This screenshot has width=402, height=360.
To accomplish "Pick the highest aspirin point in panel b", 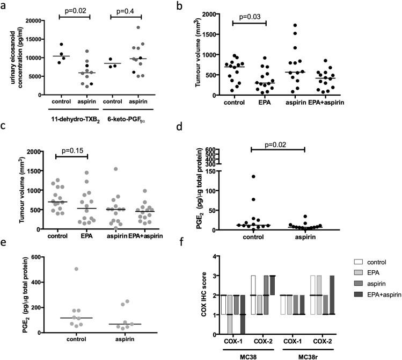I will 294,25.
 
